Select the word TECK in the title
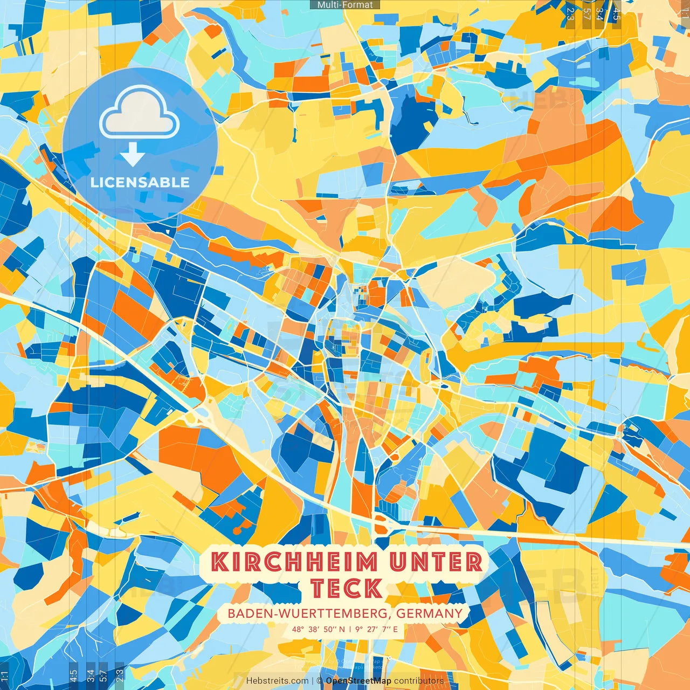click(x=347, y=588)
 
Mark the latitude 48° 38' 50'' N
click(x=318, y=629)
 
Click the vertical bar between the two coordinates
click(x=350, y=629)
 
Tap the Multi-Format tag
click(x=345, y=5)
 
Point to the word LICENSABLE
click(x=140, y=182)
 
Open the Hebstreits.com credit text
click(x=277, y=681)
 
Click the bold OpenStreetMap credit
click(x=358, y=681)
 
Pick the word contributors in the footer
click(x=419, y=681)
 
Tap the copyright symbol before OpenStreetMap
click(x=319, y=681)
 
